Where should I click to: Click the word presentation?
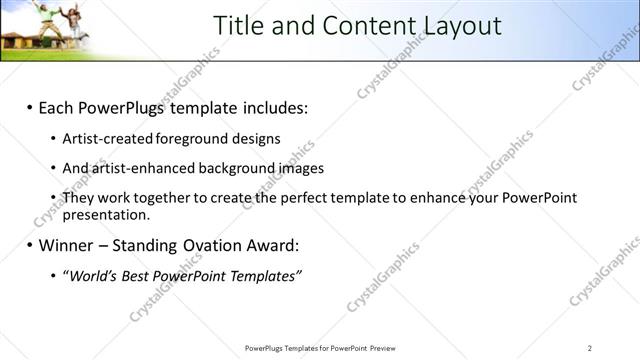tap(106, 214)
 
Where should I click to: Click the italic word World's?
tap(90, 276)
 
